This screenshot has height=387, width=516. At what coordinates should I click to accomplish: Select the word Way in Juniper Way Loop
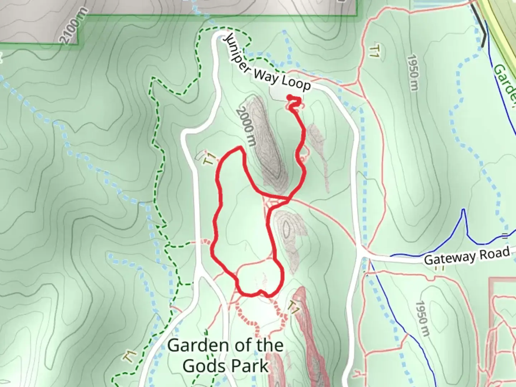(x=266, y=76)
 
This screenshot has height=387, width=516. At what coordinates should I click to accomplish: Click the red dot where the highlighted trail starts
(x=289, y=97)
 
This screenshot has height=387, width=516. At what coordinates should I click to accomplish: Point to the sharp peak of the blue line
(x=464, y=210)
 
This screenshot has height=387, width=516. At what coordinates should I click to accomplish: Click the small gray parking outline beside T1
(x=200, y=155)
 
